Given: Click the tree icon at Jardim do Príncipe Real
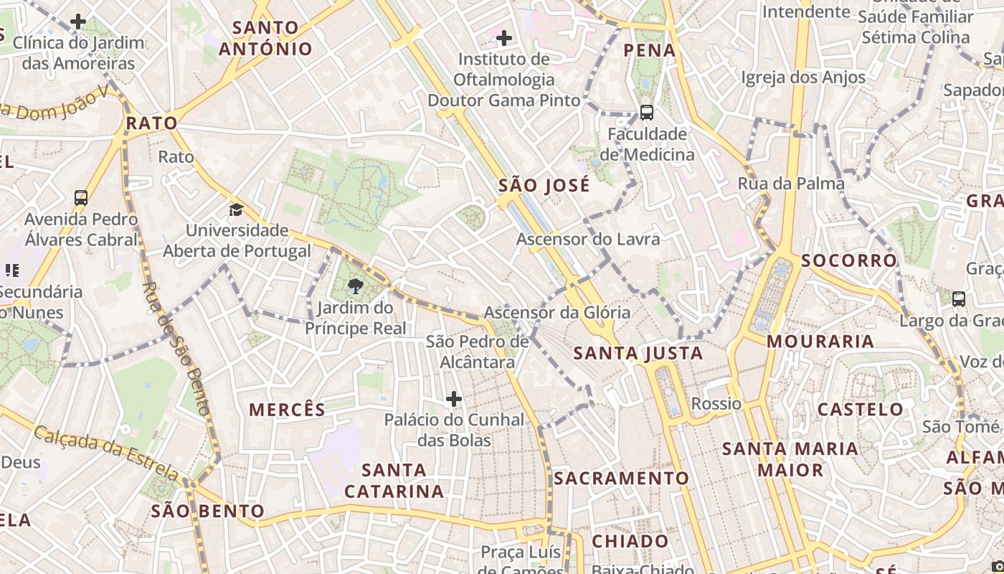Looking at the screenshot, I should click(355, 287).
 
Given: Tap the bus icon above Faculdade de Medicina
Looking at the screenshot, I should click(646, 113).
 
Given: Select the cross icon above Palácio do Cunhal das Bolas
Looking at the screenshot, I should click(453, 399).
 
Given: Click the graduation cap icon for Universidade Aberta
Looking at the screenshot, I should click(236, 210).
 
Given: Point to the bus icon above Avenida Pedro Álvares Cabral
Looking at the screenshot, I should click(81, 197).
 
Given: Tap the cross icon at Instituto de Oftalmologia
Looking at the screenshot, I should click(504, 37).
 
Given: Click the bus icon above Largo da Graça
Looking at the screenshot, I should click(958, 298).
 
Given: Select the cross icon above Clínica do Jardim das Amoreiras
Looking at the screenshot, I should click(78, 22).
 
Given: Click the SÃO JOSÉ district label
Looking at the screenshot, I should click(544, 185).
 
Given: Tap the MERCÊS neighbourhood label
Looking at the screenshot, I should click(287, 410).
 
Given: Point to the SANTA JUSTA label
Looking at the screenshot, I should click(638, 353).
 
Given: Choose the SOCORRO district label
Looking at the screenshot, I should click(849, 260).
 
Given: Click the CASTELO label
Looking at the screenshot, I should click(861, 410).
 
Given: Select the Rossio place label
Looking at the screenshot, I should click(716, 404).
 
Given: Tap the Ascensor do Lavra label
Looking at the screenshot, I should click(588, 239).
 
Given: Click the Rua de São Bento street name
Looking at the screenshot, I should click(175, 349).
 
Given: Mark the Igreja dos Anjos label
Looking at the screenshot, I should click(803, 77).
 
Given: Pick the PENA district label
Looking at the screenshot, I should click(650, 50).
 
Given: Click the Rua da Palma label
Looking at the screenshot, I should click(791, 184).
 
